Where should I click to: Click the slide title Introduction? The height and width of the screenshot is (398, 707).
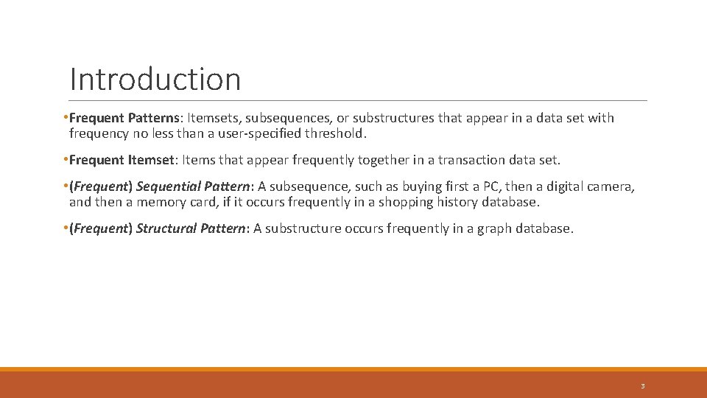tap(155, 79)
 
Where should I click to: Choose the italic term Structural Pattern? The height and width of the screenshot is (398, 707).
tap(190, 228)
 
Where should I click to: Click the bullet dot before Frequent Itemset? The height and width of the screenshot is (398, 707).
tap(66, 160)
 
